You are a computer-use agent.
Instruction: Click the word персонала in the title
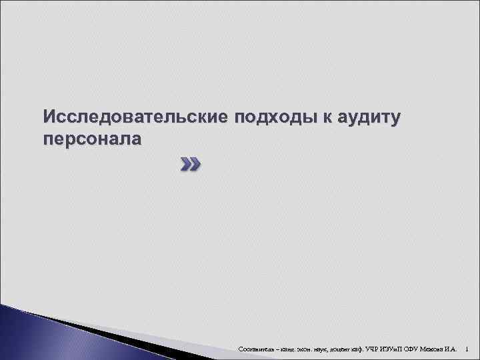coord(93,139)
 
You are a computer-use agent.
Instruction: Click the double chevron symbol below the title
coord(189,164)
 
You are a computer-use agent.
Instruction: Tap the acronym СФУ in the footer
coord(423,349)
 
